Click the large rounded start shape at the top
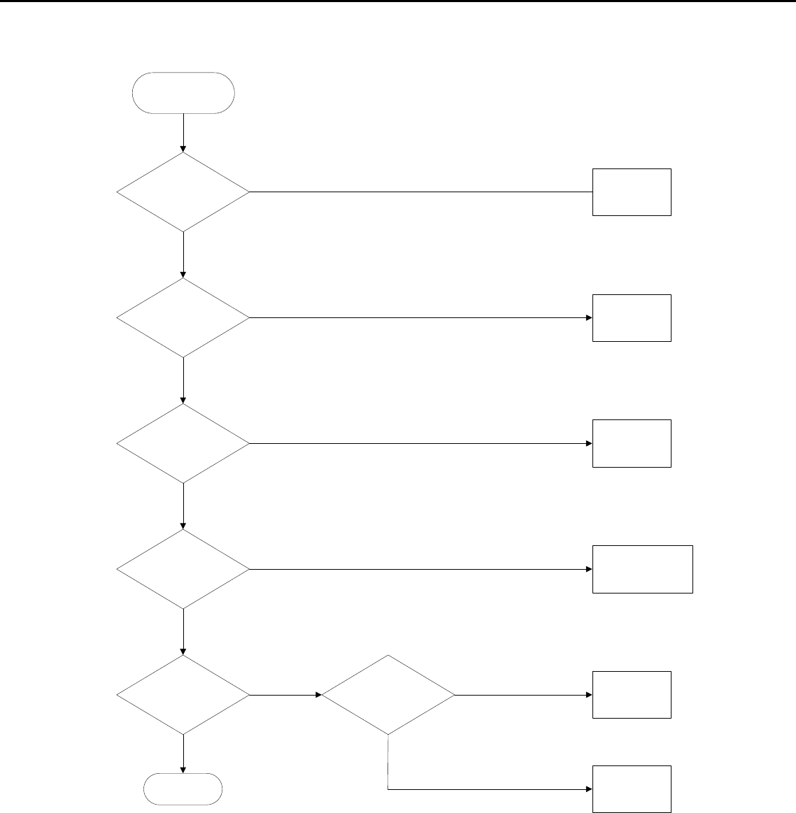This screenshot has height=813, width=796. [183, 92]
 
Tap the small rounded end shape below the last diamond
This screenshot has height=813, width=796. [183, 791]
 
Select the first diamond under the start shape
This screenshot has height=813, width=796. [183, 192]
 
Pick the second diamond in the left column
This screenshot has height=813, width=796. [183, 318]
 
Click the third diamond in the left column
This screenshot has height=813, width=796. [183, 443]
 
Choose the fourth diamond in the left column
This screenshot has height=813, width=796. [183, 569]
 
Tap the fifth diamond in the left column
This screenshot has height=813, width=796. [183, 695]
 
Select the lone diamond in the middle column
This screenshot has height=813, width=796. [388, 695]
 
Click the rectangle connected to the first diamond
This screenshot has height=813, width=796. [632, 192]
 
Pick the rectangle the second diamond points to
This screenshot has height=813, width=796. [632, 318]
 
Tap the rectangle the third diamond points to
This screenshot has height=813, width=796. [632, 443]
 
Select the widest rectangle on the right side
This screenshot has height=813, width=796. [643, 569]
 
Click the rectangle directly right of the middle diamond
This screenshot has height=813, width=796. [632, 695]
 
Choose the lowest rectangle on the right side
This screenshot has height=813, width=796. [632, 789]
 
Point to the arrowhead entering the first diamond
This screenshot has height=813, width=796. [183, 149]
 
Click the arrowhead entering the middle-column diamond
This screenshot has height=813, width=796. [318, 696]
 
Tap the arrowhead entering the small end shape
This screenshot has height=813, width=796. [183, 770]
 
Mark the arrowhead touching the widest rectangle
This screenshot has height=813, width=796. [589, 569]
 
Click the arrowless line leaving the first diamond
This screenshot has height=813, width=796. [420, 192]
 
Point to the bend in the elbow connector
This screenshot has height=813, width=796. [388, 789]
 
